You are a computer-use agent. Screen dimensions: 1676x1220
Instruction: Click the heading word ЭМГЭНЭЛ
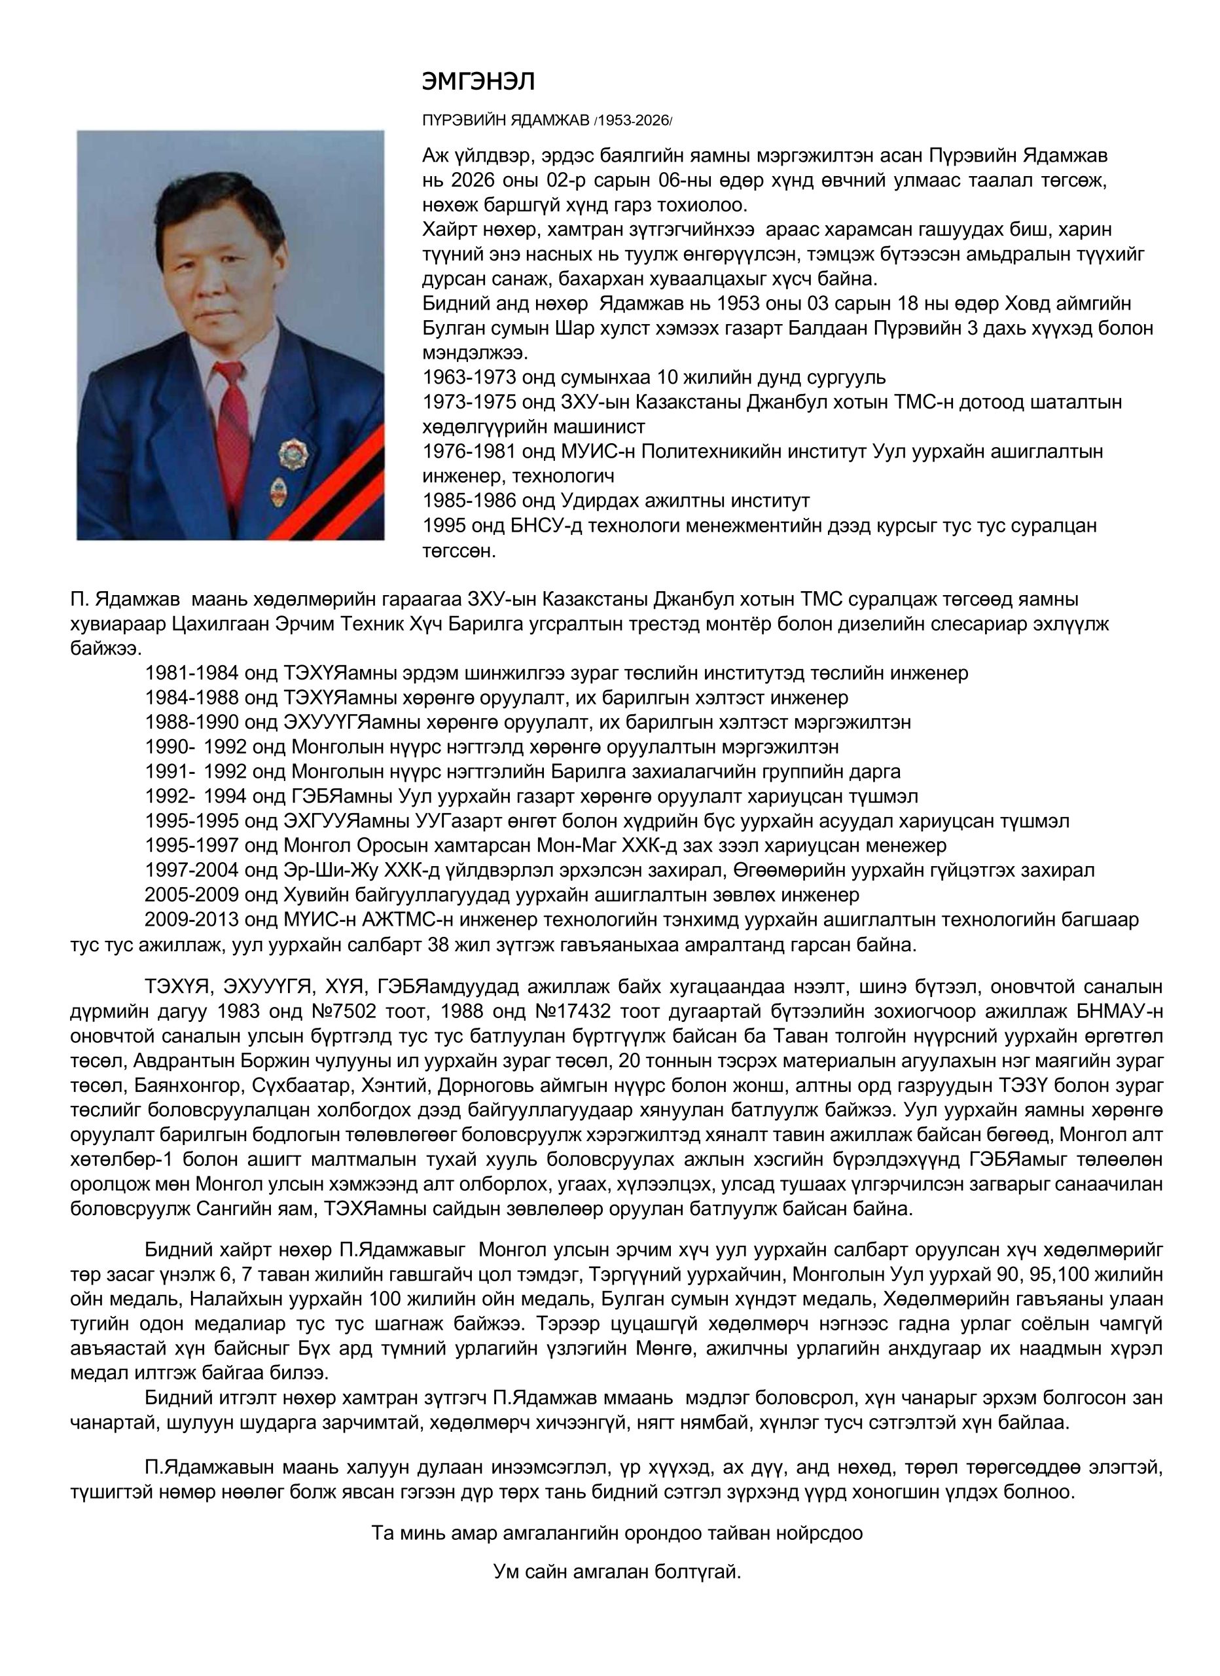tap(477, 81)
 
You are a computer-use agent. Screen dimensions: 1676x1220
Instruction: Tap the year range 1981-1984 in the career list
tap(192, 673)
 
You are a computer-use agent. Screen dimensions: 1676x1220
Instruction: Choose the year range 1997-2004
tap(192, 871)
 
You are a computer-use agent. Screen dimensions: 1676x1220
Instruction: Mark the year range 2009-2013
tap(192, 920)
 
